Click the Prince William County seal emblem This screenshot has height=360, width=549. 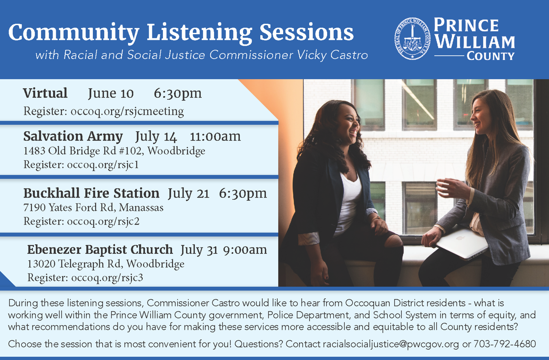(412, 38)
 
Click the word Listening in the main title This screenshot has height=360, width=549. (199, 33)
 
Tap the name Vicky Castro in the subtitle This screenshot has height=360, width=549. (332, 55)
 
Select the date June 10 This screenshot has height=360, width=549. (111, 93)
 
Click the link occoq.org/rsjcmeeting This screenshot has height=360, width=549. (127, 111)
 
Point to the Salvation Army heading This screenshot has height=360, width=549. (73, 136)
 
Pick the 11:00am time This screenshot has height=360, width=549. (215, 136)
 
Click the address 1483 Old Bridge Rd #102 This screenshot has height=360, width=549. (83, 150)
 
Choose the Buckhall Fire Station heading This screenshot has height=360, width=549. (91, 193)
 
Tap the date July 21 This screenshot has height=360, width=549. (188, 193)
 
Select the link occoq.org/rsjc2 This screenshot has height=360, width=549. (103, 221)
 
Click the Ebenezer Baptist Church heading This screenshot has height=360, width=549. (100, 250)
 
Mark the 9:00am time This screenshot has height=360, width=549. (245, 250)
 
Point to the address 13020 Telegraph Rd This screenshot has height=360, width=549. (74, 264)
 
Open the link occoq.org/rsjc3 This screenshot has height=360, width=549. (107, 278)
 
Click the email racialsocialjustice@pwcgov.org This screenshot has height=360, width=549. (391, 344)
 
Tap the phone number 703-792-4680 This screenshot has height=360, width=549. (505, 344)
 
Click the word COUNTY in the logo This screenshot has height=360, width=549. (490, 56)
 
